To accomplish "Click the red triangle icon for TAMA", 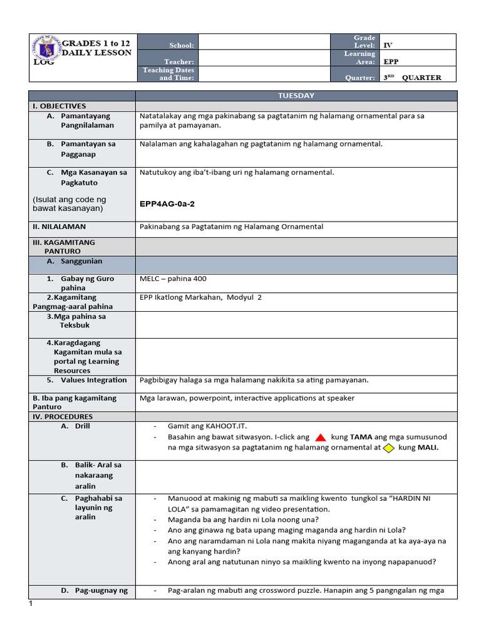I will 319,437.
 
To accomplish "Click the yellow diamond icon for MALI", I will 388,448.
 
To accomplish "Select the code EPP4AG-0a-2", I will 167,203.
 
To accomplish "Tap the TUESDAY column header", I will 296,96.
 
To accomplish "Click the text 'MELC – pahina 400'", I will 173,279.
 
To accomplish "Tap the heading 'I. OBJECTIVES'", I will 59,106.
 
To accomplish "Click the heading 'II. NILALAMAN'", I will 59,227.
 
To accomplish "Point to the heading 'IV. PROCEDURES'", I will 63,416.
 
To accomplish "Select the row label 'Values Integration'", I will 93,380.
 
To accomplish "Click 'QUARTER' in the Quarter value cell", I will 422,78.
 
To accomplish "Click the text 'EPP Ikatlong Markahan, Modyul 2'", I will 200,297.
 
